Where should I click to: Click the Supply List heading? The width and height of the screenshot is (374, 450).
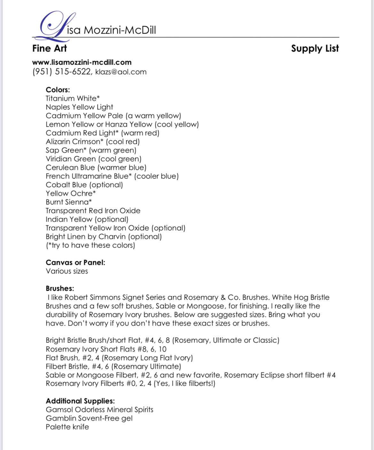(315, 49)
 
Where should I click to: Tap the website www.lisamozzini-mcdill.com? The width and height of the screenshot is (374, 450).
(82, 62)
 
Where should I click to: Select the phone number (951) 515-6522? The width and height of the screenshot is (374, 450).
(62, 72)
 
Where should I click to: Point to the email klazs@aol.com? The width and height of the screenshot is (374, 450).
(121, 72)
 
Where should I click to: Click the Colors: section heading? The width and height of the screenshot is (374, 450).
(58, 90)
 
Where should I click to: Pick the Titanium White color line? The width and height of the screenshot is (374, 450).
(73, 99)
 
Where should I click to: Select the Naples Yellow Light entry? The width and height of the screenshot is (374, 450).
(79, 107)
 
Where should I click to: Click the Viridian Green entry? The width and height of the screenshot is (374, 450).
(71, 159)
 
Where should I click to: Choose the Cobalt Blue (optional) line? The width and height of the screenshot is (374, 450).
(84, 185)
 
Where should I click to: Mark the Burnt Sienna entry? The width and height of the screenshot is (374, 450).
(68, 202)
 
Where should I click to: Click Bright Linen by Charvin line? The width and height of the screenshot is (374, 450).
(104, 237)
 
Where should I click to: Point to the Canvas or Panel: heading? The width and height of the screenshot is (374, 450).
(75, 263)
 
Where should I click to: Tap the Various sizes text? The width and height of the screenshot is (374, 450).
(66, 271)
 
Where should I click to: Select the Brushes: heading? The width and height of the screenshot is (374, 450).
(60, 288)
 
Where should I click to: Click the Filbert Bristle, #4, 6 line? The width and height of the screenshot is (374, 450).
(113, 367)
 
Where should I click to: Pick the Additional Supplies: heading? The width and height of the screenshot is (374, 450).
(80, 401)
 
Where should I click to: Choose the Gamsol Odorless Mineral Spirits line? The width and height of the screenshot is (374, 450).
(99, 410)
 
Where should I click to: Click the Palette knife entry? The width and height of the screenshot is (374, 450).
(67, 427)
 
